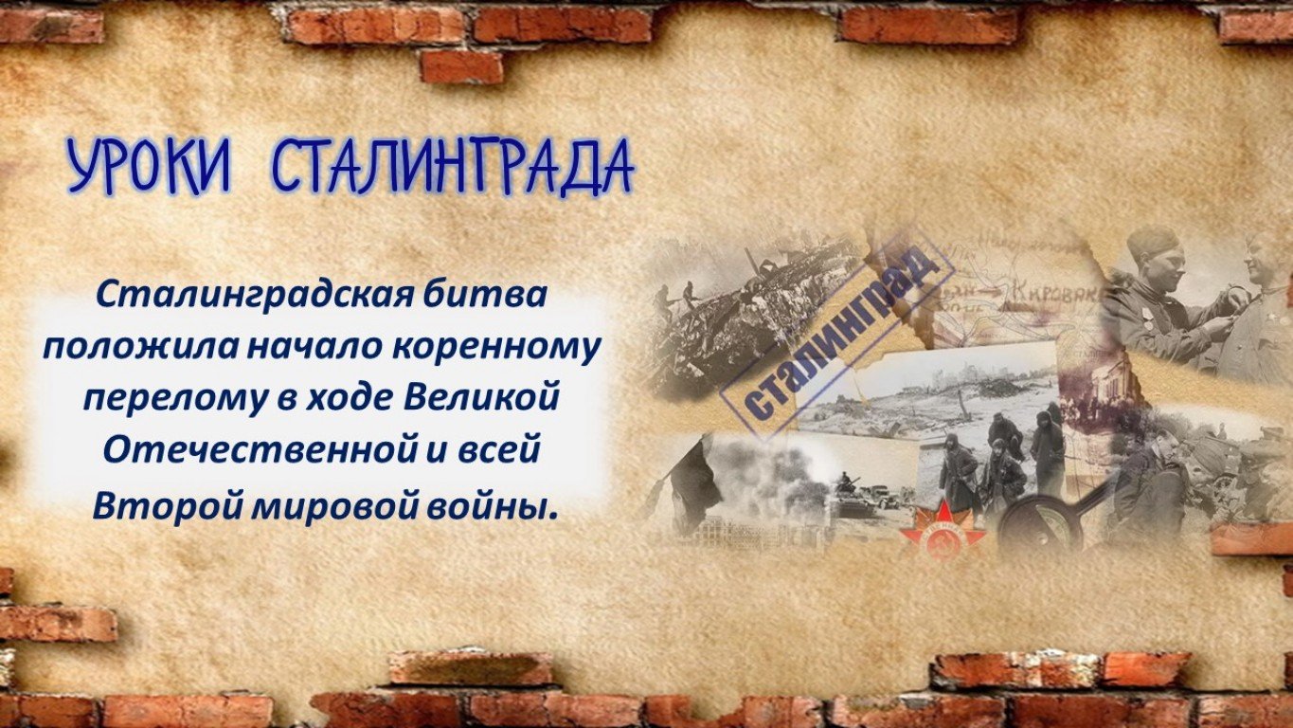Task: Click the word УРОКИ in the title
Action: point(150,167)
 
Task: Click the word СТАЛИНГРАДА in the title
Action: point(453,166)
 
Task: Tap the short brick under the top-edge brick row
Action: point(461,66)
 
